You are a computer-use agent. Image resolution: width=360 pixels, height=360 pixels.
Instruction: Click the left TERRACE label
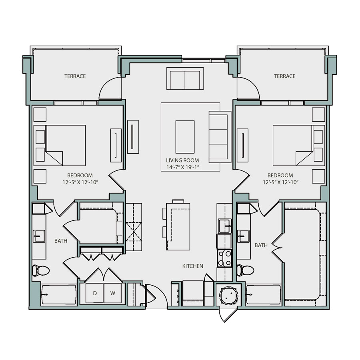[x=75, y=76]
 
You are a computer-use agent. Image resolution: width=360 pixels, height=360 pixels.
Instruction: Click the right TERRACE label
[x=284, y=76]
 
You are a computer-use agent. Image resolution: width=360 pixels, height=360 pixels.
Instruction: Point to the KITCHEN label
[x=193, y=266]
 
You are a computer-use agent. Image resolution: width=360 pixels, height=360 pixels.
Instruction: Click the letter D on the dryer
[x=95, y=293]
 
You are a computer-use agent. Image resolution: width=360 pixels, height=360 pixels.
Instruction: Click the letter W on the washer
[x=113, y=293]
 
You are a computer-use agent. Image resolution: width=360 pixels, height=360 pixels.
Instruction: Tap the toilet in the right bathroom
[x=244, y=270]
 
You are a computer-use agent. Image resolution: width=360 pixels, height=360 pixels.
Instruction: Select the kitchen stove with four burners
[x=225, y=258]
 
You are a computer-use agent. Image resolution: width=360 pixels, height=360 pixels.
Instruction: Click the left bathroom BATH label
[x=61, y=241]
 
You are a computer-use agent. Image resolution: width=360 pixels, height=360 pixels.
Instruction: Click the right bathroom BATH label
[x=261, y=245]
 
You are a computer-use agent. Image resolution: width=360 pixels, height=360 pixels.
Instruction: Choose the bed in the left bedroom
[x=66, y=145]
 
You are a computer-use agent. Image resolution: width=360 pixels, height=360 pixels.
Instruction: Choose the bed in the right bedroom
[x=292, y=145]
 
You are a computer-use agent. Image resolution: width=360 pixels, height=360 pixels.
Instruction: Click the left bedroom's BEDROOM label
[x=80, y=175]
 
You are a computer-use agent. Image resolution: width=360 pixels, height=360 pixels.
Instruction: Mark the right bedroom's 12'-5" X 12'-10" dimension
[x=280, y=182]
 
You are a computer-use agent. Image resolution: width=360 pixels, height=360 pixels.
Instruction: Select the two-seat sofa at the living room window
[x=185, y=79]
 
